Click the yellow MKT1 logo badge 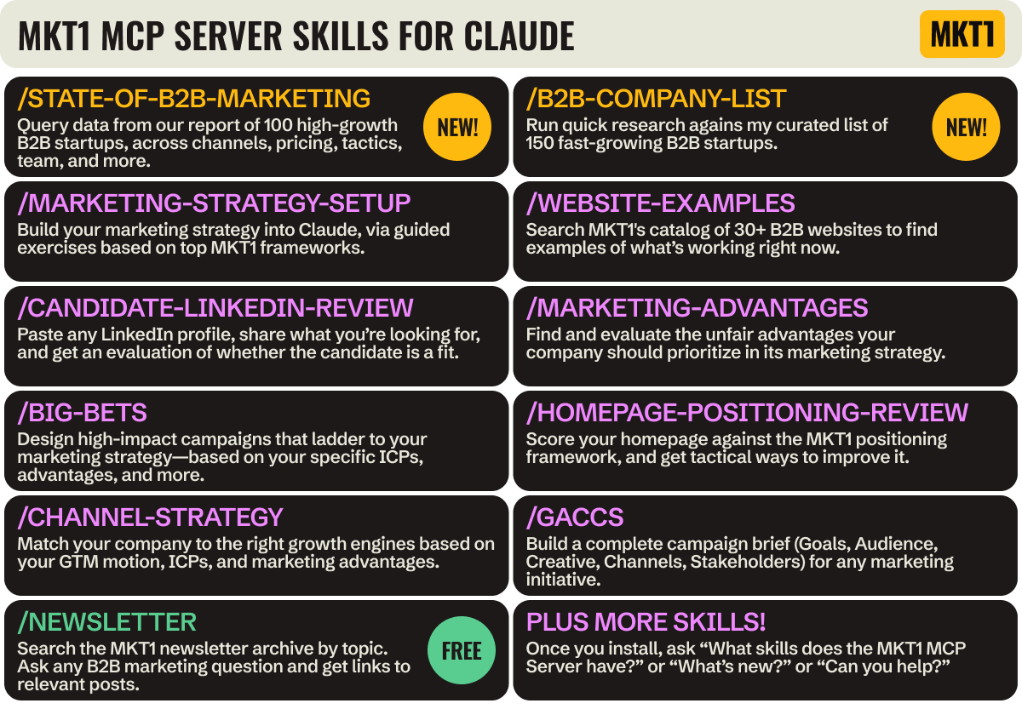pyautogui.click(x=962, y=34)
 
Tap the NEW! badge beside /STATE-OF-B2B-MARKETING pyautogui.click(x=457, y=127)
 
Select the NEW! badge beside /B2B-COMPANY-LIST pyautogui.click(x=966, y=127)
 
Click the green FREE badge pyautogui.click(x=461, y=651)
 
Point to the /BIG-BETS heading pyautogui.click(x=82, y=413)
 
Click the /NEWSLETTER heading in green pyautogui.click(x=106, y=622)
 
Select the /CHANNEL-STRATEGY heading pyautogui.click(x=150, y=517)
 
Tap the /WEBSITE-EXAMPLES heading pyautogui.click(x=660, y=203)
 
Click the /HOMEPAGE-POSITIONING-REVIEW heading pyautogui.click(x=747, y=413)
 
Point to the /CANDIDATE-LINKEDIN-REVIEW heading pyautogui.click(x=215, y=308)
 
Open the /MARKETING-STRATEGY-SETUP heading pyautogui.click(x=214, y=203)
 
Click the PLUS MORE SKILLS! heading pyautogui.click(x=646, y=622)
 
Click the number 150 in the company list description pyautogui.click(x=539, y=143)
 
